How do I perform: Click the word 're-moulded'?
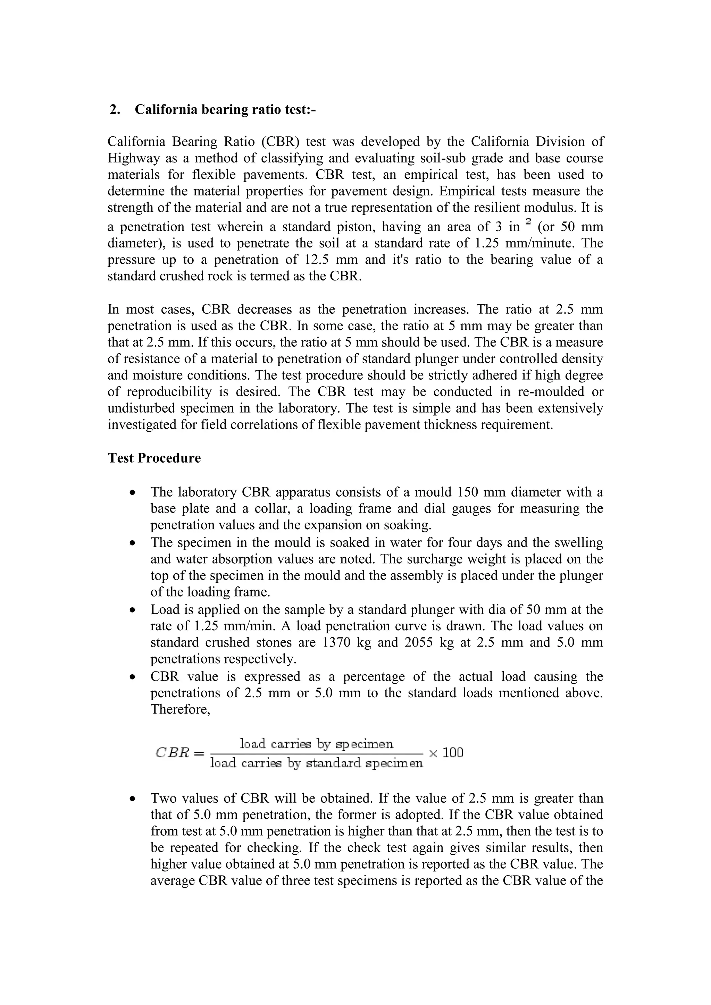pyautogui.click(x=542, y=391)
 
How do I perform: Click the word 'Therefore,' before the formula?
pyautogui.click(x=181, y=709)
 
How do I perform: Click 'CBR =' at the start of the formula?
pyautogui.click(x=180, y=753)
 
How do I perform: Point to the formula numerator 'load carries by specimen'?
pyautogui.click(x=317, y=744)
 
